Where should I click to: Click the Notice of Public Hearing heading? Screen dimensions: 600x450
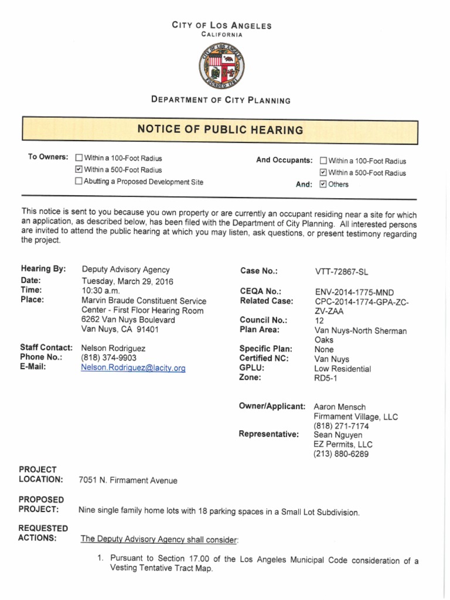[220, 129]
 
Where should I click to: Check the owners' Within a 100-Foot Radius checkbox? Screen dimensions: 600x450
[79, 158]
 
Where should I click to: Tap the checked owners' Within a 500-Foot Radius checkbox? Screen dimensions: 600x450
[79, 170]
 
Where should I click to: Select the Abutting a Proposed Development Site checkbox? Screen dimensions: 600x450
[79, 182]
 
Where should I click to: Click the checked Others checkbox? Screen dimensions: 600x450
[323, 185]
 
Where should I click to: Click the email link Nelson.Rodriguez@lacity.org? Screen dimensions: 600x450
[133, 368]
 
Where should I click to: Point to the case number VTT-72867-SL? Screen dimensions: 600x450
[342, 272]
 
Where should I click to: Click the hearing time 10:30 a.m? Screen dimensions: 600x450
[101, 290]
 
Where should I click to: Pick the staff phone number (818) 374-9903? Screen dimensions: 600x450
[108, 357]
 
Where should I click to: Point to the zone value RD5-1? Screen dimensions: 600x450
[326, 379]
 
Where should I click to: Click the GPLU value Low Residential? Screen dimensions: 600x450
[342, 369]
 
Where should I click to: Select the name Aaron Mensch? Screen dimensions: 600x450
[340, 407]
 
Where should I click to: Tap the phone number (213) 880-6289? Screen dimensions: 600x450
[342, 454]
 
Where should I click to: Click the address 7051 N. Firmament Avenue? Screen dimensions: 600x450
[128, 480]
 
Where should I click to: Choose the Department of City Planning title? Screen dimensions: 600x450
[220, 100]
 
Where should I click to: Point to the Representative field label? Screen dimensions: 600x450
[268, 434]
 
